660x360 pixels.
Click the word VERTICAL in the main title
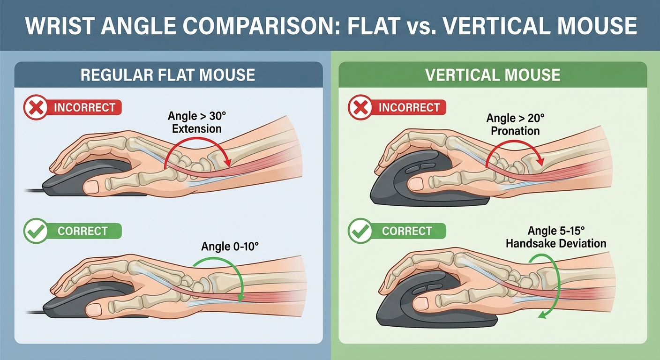point(492,26)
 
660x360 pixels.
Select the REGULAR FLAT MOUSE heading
point(168,75)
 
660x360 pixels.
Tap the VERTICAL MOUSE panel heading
point(493,75)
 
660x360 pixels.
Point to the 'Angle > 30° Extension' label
point(196,122)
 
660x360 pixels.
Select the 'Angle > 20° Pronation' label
point(515,125)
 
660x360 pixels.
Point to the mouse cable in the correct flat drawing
point(35,312)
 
